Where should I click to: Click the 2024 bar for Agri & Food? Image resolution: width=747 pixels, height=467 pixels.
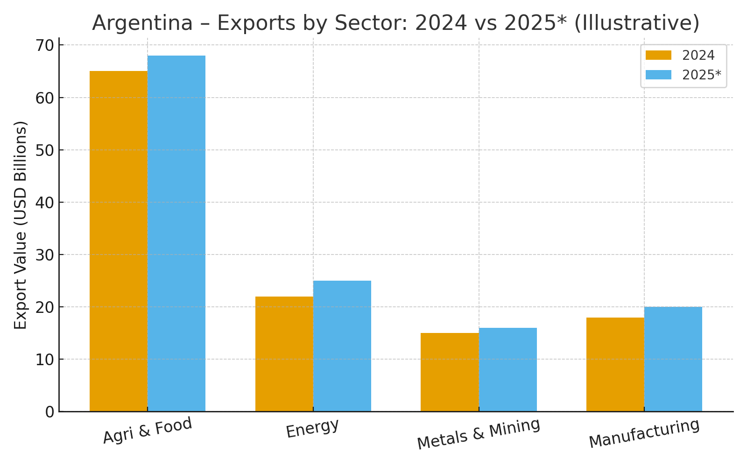(119, 241)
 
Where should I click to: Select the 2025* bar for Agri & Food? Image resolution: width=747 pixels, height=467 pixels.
(176, 233)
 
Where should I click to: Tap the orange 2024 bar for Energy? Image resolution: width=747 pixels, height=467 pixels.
(284, 354)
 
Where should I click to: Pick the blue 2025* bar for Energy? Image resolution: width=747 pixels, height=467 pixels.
(342, 346)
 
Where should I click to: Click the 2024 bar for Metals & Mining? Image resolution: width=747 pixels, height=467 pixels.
(450, 372)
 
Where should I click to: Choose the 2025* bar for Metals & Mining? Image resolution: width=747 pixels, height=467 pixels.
(508, 369)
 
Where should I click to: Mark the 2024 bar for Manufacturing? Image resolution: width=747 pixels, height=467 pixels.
(615, 364)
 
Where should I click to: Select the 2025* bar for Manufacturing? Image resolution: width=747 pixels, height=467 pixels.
(673, 359)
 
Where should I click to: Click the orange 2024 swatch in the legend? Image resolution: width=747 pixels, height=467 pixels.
(658, 56)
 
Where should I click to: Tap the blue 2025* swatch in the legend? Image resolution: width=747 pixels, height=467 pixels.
(658, 75)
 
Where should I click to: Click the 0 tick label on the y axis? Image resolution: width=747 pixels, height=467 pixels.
(49, 412)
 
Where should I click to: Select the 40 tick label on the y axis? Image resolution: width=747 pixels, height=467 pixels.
(45, 203)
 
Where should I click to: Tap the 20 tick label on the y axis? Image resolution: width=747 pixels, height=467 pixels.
(45, 307)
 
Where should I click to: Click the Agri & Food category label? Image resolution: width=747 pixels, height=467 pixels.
(148, 430)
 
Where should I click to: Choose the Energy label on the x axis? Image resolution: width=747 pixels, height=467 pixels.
(312, 428)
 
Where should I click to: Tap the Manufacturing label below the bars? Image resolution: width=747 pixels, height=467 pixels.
(644, 433)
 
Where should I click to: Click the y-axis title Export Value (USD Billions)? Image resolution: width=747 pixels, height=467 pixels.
(21, 225)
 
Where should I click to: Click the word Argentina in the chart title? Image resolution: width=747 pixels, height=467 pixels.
(142, 23)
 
